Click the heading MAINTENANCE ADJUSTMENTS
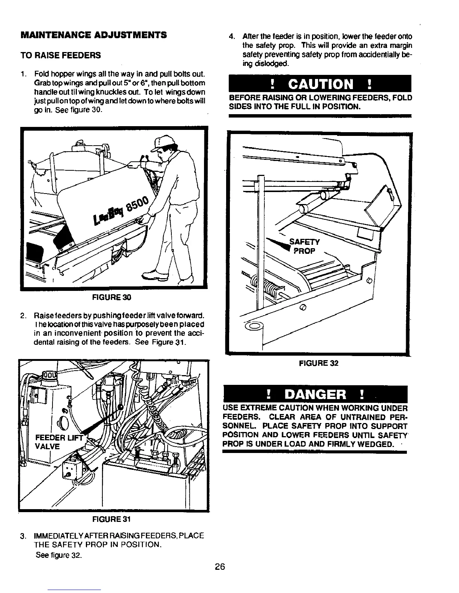tap(93, 35)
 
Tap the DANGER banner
tap(315, 395)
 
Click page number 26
tap(220, 567)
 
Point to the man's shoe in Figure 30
tap(154, 276)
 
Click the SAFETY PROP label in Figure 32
tap(304, 246)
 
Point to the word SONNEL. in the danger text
tap(240, 426)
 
